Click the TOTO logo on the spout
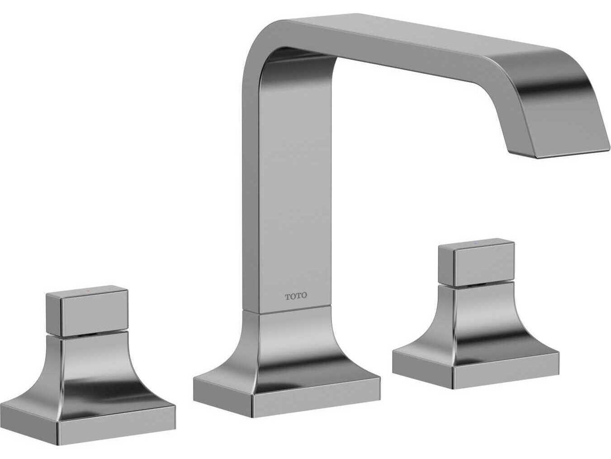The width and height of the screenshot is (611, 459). coord(296,296)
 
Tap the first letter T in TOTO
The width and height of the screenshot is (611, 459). coord(288,296)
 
